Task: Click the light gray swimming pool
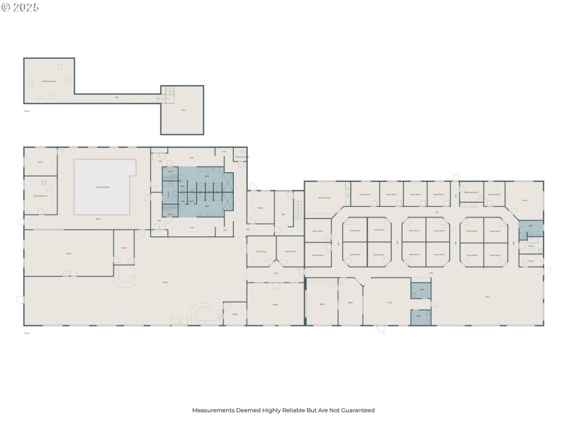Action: (x=103, y=186)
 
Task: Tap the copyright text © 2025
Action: (x=21, y=7)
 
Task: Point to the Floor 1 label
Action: (x=28, y=331)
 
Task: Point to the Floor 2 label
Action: (x=28, y=110)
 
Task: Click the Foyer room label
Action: (x=390, y=302)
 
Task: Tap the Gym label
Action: (x=487, y=296)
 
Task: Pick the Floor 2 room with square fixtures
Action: (x=49, y=81)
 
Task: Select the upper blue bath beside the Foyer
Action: (x=421, y=290)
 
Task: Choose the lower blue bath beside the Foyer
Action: (x=420, y=317)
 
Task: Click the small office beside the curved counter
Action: (x=235, y=314)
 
